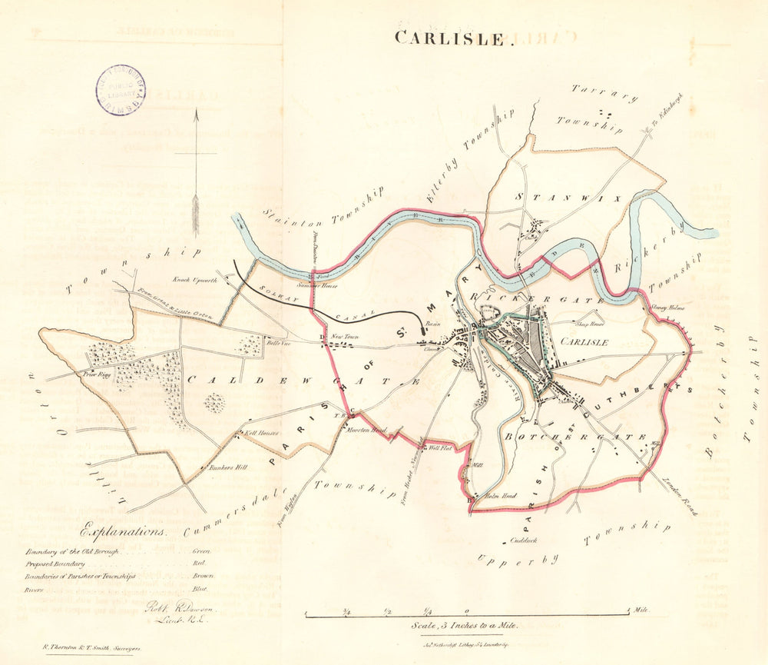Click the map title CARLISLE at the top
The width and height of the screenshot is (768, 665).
tap(451, 38)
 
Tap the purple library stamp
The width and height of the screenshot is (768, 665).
tap(120, 90)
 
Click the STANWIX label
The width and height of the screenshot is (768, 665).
tap(543, 197)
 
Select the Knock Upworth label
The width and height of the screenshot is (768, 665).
tap(191, 280)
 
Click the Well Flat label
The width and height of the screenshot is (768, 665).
tap(438, 447)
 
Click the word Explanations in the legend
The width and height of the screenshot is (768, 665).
tap(122, 531)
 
